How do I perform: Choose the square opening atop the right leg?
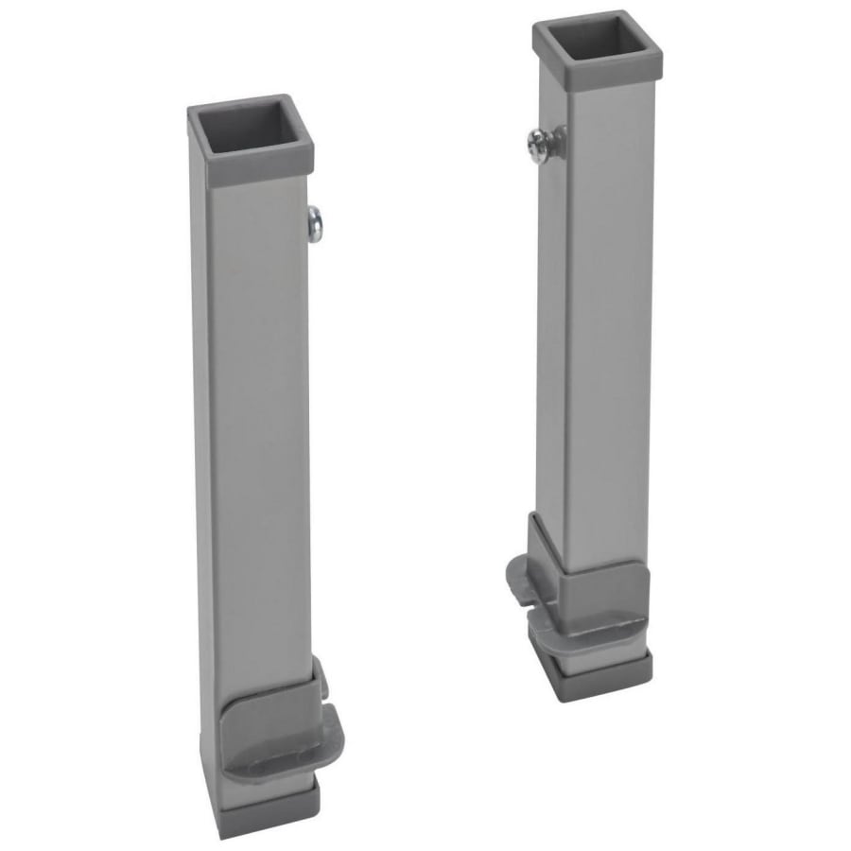coord(598,40)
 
